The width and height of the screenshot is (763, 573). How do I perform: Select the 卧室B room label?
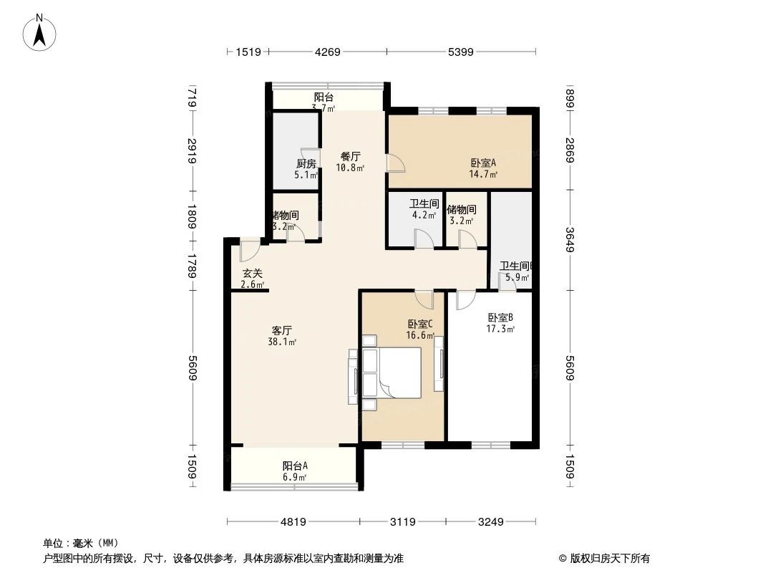[x=500, y=317]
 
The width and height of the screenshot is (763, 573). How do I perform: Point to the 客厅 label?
[x=281, y=330]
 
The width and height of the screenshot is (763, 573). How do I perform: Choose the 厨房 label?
[x=306, y=163]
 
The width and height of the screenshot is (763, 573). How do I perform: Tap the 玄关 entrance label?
[x=252, y=273]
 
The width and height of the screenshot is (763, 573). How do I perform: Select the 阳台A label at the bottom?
[x=295, y=466]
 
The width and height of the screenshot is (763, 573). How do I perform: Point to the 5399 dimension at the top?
[x=460, y=52]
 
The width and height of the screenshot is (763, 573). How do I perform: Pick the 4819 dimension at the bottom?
[x=293, y=522]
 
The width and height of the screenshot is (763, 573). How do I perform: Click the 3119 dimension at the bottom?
[x=402, y=522]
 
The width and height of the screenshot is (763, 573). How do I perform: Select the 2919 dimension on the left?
[x=192, y=151]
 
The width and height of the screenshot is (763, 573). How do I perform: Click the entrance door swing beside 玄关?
[x=249, y=251]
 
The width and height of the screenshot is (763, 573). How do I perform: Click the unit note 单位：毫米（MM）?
[x=81, y=543]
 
